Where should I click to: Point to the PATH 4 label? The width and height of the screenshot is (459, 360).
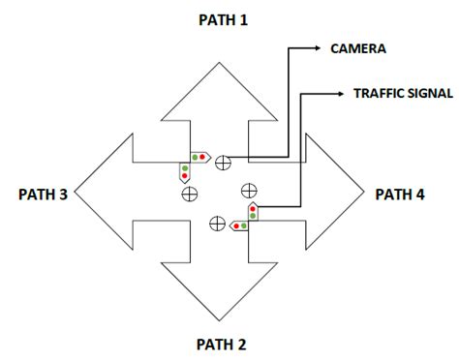click(400, 194)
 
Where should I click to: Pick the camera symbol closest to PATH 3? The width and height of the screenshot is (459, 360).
click(189, 194)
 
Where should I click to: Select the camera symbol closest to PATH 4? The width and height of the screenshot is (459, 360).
click(249, 189)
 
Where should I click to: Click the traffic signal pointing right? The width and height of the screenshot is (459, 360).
click(200, 157)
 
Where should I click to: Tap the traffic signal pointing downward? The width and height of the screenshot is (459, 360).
click(183, 173)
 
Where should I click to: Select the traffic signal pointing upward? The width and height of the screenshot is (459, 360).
click(253, 210)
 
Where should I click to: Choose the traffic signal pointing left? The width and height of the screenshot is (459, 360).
click(237, 225)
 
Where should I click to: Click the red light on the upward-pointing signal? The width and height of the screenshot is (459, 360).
click(253, 206)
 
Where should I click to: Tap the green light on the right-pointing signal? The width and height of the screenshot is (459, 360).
click(196, 157)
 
